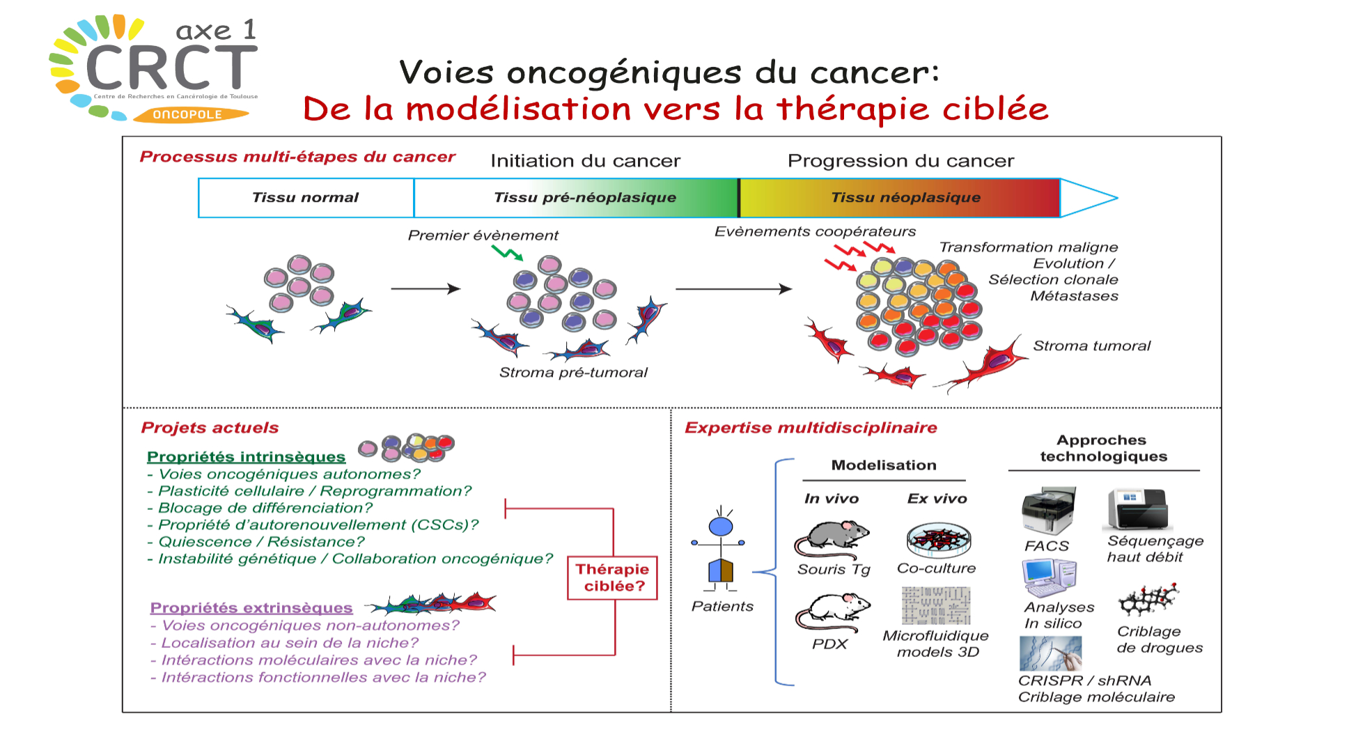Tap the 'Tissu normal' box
click(306, 198)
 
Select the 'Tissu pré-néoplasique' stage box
click(576, 198)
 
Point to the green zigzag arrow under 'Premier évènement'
click(507, 253)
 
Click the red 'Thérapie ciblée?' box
click(612, 577)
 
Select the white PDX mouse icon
click(833, 611)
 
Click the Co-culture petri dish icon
click(939, 539)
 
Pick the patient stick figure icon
click(720, 550)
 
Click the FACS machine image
click(1048, 511)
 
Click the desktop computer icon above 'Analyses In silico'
click(1050, 577)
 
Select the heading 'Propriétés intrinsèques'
click(246, 457)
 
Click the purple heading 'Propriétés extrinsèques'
click(251, 608)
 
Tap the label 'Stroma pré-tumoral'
click(573, 373)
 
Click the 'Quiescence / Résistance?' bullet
click(261, 542)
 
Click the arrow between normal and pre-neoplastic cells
click(426, 288)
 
